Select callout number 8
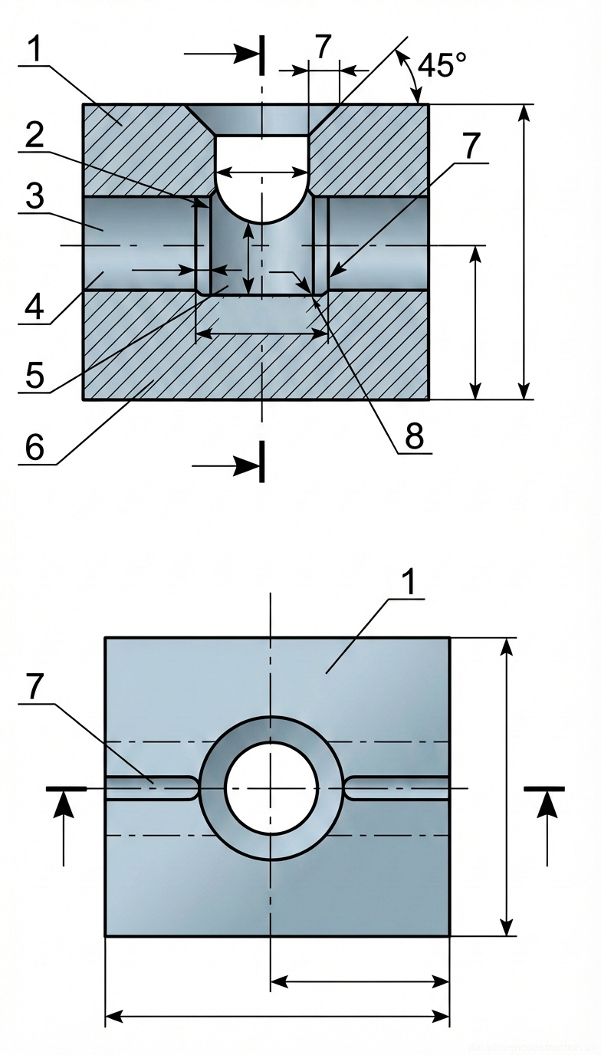[414, 436]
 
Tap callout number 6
[34, 447]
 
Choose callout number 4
[34, 307]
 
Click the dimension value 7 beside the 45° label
[323, 48]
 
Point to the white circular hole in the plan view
[271, 787]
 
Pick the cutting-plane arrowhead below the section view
[247, 465]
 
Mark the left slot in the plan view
[149, 788]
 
